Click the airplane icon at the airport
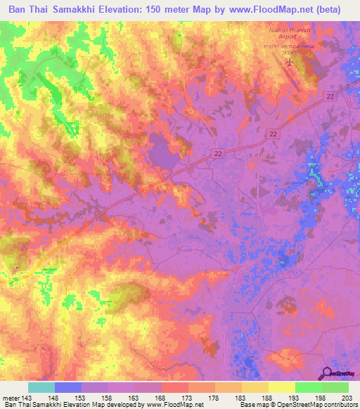(288, 63)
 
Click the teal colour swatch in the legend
(41, 387)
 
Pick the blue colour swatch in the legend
(68, 387)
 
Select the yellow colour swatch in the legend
(281, 387)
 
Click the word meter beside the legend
(9, 398)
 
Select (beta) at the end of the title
(336, 10)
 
